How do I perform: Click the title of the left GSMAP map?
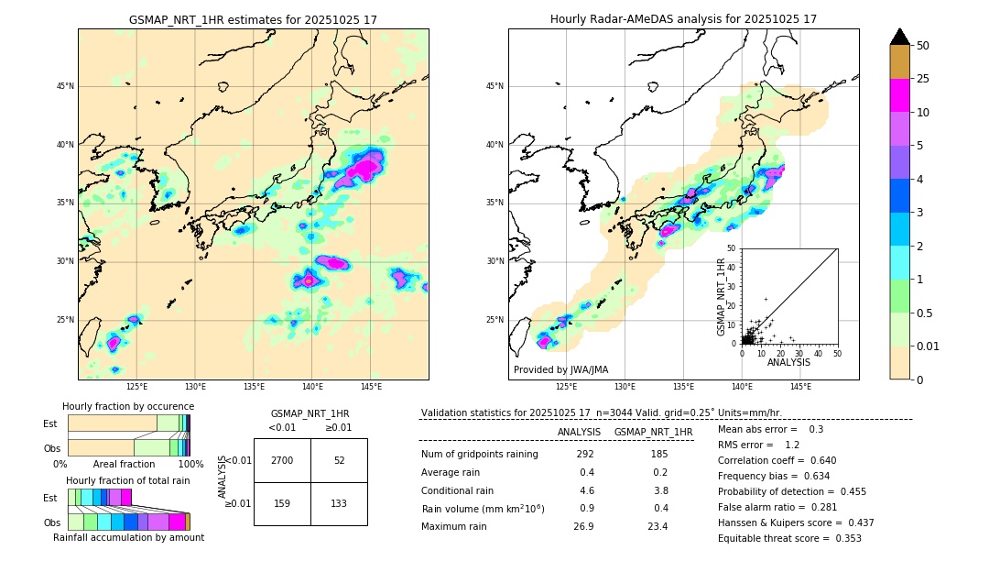(253, 19)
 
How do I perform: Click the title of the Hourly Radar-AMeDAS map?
(683, 19)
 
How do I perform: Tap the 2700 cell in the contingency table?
(282, 460)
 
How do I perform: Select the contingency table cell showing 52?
(339, 460)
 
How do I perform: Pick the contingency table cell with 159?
(282, 502)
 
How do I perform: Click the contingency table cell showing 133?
(339, 502)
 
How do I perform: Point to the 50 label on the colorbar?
(923, 46)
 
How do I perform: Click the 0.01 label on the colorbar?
(929, 346)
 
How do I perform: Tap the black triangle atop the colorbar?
(900, 37)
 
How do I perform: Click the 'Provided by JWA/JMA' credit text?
(560, 370)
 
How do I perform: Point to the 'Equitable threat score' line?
(789, 538)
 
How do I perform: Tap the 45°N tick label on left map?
(65, 86)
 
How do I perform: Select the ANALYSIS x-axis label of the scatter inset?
(788, 362)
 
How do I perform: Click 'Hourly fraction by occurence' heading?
(128, 406)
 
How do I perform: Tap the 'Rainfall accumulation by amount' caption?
(128, 537)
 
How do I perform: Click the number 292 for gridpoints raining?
(585, 455)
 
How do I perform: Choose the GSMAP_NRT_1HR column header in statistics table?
(653, 432)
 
